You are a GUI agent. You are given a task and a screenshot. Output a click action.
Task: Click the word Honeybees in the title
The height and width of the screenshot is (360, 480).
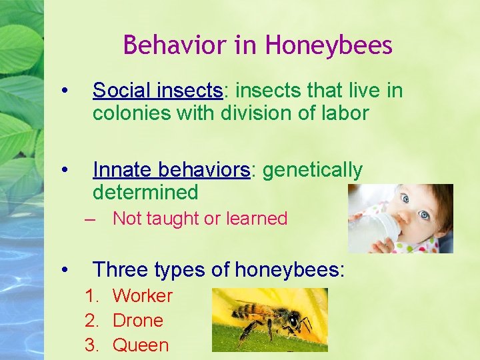329,45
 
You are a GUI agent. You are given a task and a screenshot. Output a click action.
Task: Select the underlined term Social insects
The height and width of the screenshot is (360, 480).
157,90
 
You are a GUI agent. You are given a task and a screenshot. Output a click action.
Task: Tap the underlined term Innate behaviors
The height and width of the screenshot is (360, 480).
171,170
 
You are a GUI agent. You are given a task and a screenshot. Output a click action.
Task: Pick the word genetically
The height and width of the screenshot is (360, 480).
313,170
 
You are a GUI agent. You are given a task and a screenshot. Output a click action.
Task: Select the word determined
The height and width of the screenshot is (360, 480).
145,193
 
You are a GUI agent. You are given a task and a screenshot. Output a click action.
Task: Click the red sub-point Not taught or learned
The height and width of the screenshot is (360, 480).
199,219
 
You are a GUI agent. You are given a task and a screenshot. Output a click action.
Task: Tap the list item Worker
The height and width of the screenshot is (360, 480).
142,296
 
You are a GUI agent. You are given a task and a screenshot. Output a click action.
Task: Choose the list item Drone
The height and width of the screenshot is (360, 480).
137,321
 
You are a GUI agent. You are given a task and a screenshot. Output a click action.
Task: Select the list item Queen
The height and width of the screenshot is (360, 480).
140,345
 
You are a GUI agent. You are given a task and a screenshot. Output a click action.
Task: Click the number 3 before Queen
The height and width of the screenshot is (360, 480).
90,345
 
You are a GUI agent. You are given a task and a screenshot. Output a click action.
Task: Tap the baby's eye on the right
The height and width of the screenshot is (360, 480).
424,215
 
